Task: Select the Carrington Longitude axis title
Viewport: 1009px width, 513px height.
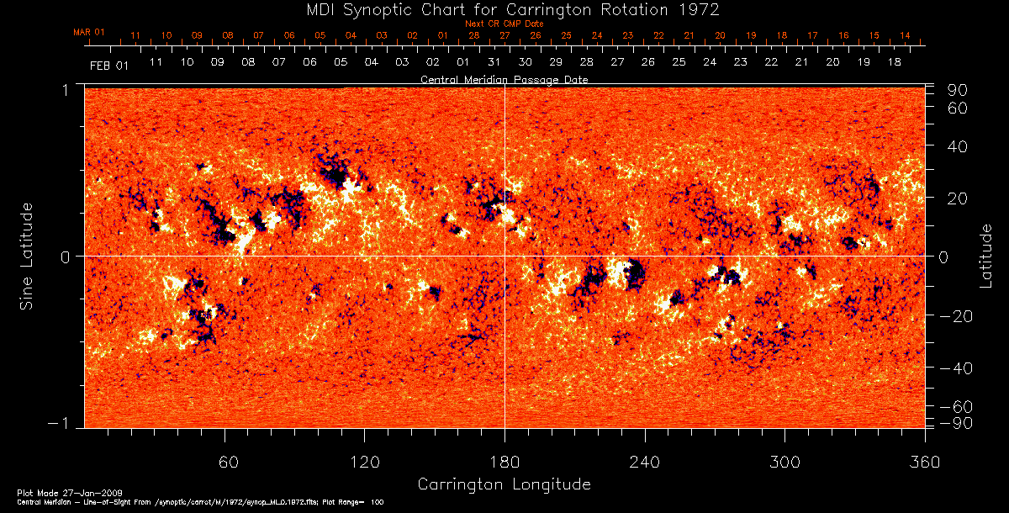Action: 504,484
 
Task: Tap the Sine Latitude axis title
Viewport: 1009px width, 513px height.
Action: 29,256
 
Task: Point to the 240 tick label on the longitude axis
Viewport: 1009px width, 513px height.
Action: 645,463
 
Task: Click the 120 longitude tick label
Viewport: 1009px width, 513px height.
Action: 365,463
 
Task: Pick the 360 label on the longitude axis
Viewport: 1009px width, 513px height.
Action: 925,463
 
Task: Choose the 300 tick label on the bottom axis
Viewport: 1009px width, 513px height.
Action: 784,463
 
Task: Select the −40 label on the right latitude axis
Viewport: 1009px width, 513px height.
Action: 956,368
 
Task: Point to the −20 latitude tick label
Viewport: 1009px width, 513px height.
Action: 956,316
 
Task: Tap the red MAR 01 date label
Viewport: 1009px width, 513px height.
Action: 89,32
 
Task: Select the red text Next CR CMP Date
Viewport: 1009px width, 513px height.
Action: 504,24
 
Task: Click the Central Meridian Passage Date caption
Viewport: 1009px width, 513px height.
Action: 504,80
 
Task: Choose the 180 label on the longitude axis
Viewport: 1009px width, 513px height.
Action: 504,463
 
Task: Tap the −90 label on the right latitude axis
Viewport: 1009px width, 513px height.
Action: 956,422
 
